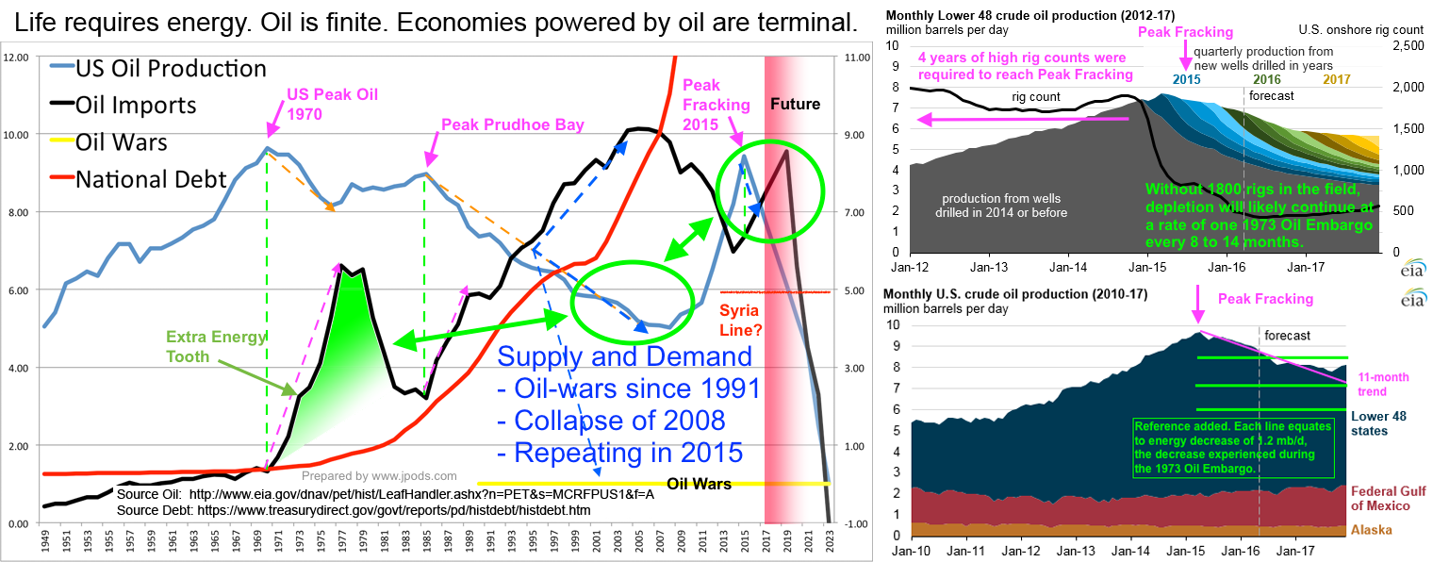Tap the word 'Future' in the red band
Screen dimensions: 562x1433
(796, 104)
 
